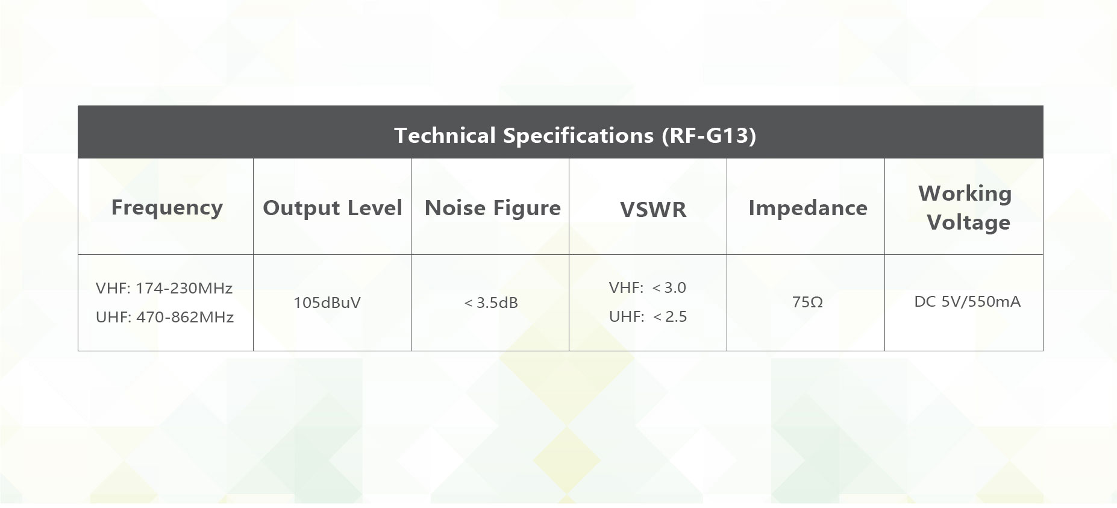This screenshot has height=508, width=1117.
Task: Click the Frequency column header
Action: pos(167,208)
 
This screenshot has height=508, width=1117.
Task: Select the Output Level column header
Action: pos(332,208)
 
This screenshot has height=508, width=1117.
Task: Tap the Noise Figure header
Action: pos(492,209)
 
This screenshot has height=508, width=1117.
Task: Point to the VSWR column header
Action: pos(653,210)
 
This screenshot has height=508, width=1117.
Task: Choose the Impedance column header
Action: pos(808,209)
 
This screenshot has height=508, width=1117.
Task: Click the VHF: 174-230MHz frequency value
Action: pos(164,289)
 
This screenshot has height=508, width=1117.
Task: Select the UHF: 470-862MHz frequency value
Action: pos(164,318)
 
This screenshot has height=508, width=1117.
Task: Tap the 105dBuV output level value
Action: pos(327,303)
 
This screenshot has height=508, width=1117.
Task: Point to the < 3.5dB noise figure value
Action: pos(491,303)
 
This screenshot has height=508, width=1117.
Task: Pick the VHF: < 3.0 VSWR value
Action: pos(648,288)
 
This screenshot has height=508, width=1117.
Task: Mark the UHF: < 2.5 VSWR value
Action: pos(648,317)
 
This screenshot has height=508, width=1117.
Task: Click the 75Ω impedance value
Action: pos(807,303)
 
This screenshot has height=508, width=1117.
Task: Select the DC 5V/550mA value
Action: pos(967,302)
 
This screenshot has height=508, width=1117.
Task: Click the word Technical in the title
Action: pos(445,136)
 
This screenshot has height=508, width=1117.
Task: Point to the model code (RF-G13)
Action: pos(709,136)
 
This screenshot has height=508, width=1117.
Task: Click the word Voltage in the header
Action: pos(969,223)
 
